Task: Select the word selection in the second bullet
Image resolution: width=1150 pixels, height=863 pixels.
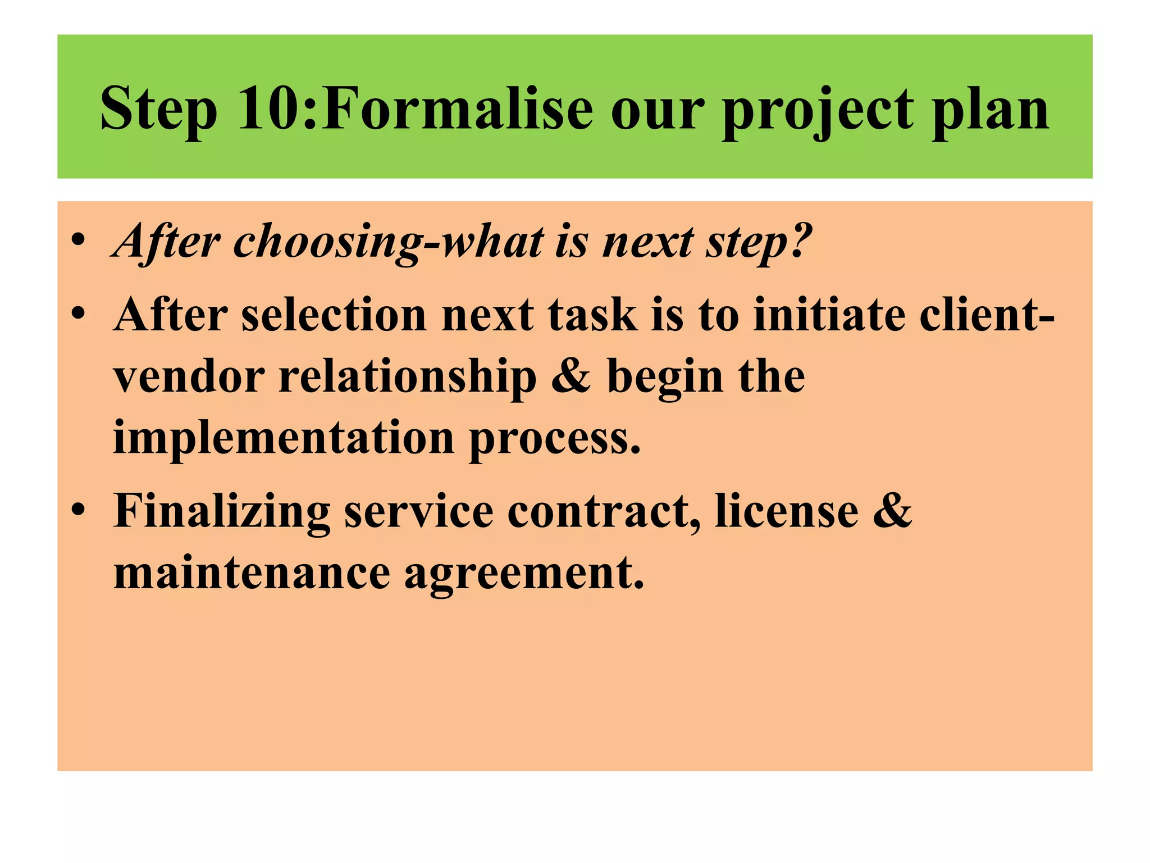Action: click(334, 315)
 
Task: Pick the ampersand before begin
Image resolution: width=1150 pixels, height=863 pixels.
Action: click(571, 376)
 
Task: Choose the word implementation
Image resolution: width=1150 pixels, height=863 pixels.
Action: click(284, 438)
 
